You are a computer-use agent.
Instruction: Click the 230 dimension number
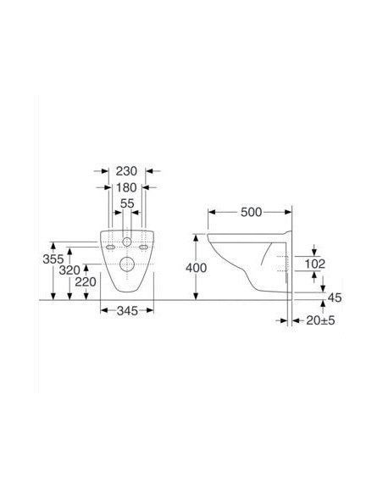127,170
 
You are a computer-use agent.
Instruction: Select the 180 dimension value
127,186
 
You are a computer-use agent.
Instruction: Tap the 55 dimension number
127,203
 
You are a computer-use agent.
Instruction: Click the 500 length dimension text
251,212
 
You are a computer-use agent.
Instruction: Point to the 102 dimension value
315,263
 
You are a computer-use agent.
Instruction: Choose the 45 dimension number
334,297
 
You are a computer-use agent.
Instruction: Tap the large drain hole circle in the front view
127,264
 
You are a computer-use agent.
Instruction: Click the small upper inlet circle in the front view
127,242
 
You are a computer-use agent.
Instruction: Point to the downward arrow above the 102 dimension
315,248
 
